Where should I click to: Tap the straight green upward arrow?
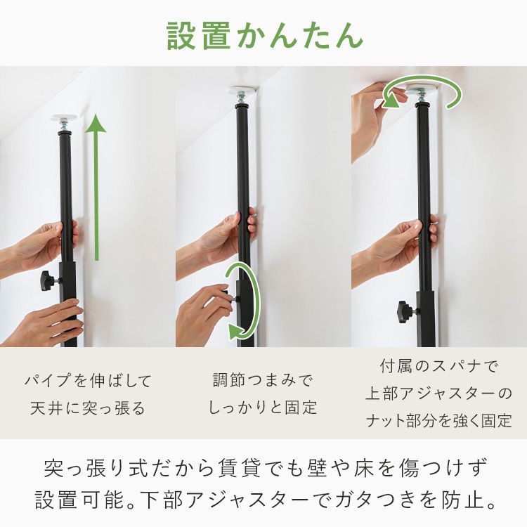pyautogui.click(x=96, y=190)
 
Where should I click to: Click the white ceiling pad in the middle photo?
pyautogui.click(x=242, y=92)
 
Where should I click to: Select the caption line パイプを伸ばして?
pyautogui.click(x=88, y=382)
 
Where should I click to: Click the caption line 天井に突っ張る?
pyautogui.click(x=88, y=408)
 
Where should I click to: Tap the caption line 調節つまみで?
pyautogui.click(x=263, y=382)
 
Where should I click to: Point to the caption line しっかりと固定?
pyautogui.click(x=263, y=408)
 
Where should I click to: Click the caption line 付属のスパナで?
pyautogui.click(x=438, y=366)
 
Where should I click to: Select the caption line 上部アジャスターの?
pyautogui.click(x=438, y=393)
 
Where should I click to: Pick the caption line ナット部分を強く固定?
pyautogui.click(x=438, y=420)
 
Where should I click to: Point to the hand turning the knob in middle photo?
pyautogui.click(x=204, y=302)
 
